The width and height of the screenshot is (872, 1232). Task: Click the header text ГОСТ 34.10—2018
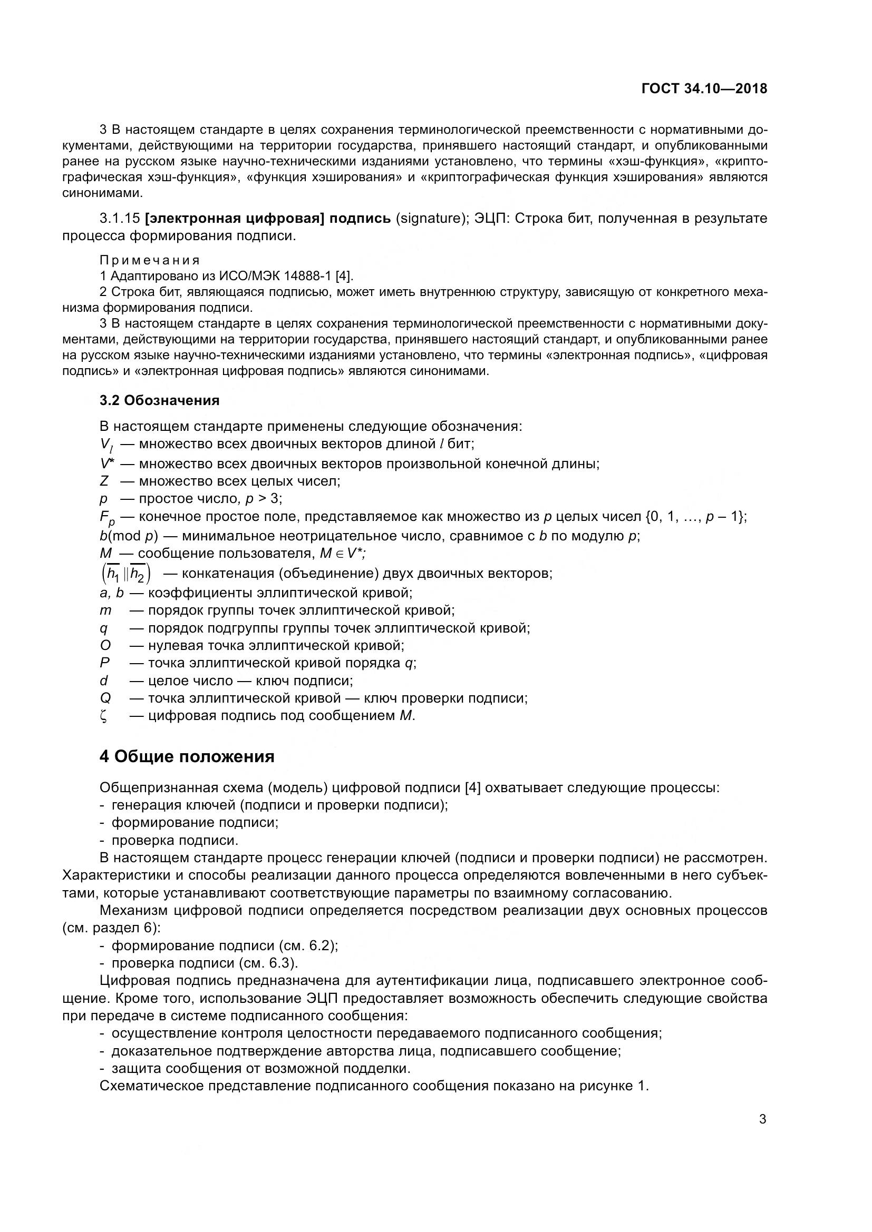[704, 89]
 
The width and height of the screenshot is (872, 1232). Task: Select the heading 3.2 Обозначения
[159, 400]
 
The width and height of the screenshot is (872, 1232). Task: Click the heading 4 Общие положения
[187, 756]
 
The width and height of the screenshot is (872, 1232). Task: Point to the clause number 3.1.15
[120, 219]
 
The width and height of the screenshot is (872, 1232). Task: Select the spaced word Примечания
[150, 261]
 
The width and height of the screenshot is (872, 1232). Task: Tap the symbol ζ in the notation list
[104, 716]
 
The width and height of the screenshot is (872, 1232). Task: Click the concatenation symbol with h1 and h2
[125, 574]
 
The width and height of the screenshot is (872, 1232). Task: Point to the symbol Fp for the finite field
[107, 518]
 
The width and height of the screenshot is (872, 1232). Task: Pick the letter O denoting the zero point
[105, 646]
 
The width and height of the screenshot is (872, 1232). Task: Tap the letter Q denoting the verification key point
[105, 698]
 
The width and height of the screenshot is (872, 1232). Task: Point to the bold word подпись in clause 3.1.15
[360, 219]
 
